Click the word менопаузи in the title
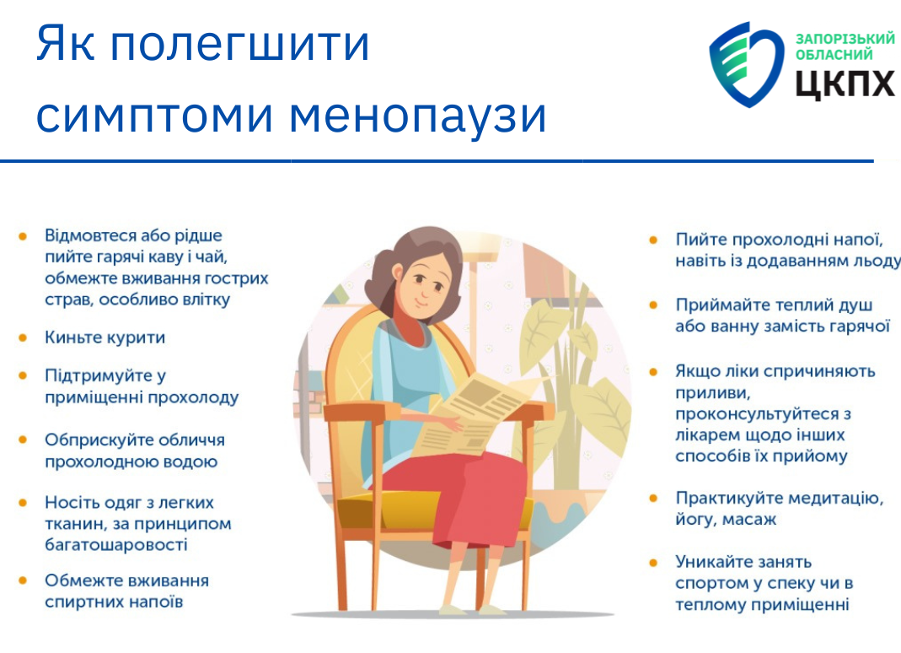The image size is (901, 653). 417,116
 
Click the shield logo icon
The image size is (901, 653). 747,64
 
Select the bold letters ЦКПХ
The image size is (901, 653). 845,83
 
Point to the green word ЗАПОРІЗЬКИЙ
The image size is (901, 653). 845,39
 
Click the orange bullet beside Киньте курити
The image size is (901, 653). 23,337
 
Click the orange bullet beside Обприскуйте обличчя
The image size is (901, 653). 23,440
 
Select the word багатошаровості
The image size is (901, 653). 116,545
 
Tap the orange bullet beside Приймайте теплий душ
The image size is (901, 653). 653,305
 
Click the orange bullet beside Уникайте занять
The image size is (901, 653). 653,562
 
